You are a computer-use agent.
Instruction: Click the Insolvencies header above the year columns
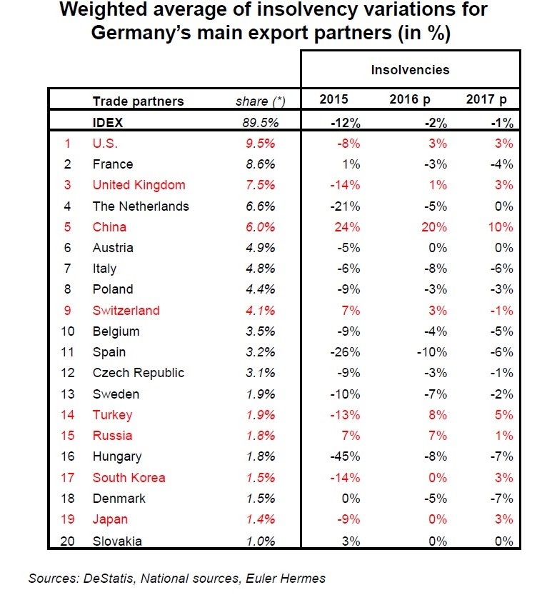[410, 69]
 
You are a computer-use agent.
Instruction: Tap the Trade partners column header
[138, 101]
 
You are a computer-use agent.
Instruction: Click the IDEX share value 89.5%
[260, 122]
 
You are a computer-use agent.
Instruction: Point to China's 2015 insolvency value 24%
[347, 227]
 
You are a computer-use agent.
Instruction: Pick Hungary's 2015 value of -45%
[344, 456]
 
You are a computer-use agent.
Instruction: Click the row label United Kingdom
[139, 185]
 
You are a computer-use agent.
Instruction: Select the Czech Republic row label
[138, 373]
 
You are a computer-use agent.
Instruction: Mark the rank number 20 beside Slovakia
[69, 541]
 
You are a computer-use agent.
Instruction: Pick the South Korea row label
[129, 478]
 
